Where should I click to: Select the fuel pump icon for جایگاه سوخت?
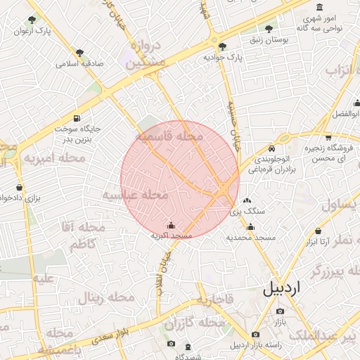point(76,117)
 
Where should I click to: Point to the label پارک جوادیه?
point(222,57)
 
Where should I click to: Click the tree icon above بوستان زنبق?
point(268,29)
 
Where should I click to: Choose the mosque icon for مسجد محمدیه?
point(250,226)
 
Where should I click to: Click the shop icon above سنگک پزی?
point(246,200)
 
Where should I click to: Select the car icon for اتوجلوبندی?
point(272,149)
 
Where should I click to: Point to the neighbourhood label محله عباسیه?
point(135,194)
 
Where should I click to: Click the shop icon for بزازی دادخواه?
point(19,188)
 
